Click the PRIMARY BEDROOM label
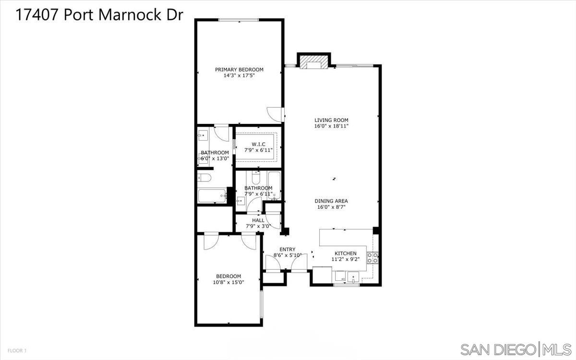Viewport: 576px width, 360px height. coord(239,70)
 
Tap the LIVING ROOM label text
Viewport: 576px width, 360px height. coord(331,120)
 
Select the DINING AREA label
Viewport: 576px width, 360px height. coord(331,201)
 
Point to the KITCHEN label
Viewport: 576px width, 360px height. coord(346,253)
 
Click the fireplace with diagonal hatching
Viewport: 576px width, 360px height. coord(314,63)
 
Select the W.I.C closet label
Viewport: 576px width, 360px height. coord(258,144)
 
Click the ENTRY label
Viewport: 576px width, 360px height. coord(288,249)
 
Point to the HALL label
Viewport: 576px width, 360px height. coord(258,220)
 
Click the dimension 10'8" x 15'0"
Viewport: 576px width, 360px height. coord(228,282)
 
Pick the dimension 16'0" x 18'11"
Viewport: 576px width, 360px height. coord(331,126)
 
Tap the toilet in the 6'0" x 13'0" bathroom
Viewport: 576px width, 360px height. coord(204,179)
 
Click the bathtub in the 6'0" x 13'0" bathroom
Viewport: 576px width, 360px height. coord(211,195)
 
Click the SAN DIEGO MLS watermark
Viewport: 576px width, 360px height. coord(516,348)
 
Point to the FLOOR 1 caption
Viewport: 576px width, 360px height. coord(16,351)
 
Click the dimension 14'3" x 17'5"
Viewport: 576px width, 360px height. coord(239,75)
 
